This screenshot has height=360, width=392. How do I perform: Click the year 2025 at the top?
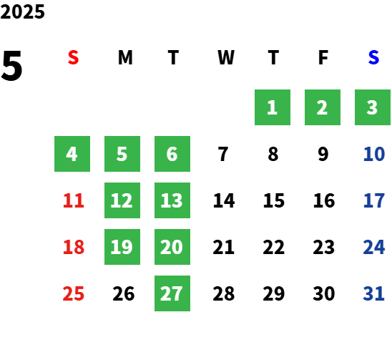tap(22, 11)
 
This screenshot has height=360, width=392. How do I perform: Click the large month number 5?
tap(11, 66)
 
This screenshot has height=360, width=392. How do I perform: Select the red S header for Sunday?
tap(73, 57)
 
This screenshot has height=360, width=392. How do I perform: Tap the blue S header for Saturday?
tap(373, 57)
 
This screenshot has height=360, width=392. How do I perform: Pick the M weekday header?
tap(125, 57)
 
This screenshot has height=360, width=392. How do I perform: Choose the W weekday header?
tap(226, 57)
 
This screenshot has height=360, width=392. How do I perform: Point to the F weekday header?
tap(323, 57)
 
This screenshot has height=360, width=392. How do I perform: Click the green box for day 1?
tap(273, 107)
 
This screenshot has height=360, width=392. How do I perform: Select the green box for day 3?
tap(373, 107)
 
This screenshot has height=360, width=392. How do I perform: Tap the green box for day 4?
tap(72, 154)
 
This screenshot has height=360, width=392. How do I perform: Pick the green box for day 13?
tap(172, 200)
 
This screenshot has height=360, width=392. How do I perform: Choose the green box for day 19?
tap(122, 247)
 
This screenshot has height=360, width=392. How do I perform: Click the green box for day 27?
tap(172, 293)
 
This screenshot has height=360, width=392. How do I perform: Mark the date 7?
tap(223, 154)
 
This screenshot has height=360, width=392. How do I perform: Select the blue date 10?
tap(374, 154)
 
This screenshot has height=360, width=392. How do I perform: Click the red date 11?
tap(74, 200)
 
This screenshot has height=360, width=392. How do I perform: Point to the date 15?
tap(274, 200)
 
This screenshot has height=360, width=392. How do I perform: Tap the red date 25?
tap(74, 293)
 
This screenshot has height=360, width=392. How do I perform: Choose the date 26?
tap(124, 293)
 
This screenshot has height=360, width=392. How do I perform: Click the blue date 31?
tap(373, 293)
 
